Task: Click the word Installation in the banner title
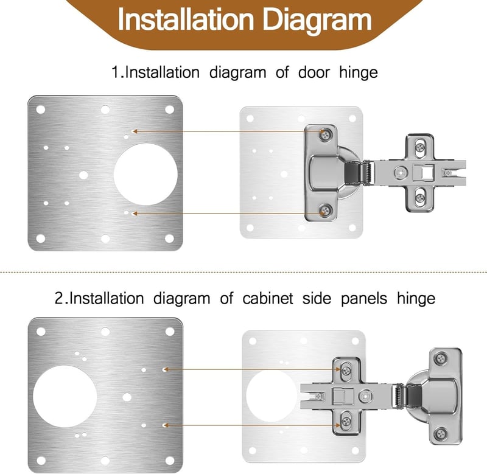click(x=186, y=19)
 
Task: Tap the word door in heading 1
click(x=314, y=72)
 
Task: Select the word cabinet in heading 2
click(x=268, y=298)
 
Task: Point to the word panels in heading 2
click(x=364, y=299)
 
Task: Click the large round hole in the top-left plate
click(x=145, y=174)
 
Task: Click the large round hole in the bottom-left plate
click(x=65, y=396)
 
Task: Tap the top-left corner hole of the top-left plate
click(x=41, y=110)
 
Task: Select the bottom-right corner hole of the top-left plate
click(x=169, y=239)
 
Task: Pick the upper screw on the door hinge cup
click(x=326, y=134)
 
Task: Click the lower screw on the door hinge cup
click(x=325, y=211)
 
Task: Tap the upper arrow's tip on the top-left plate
click(x=133, y=131)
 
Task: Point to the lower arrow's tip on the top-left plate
click(x=133, y=214)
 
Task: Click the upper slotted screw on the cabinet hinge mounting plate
click(x=346, y=370)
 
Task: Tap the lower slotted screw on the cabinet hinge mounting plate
click(x=346, y=422)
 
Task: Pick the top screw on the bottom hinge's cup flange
click(x=441, y=359)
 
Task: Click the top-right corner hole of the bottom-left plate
click(x=170, y=332)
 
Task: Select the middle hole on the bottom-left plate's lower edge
click(x=105, y=461)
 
